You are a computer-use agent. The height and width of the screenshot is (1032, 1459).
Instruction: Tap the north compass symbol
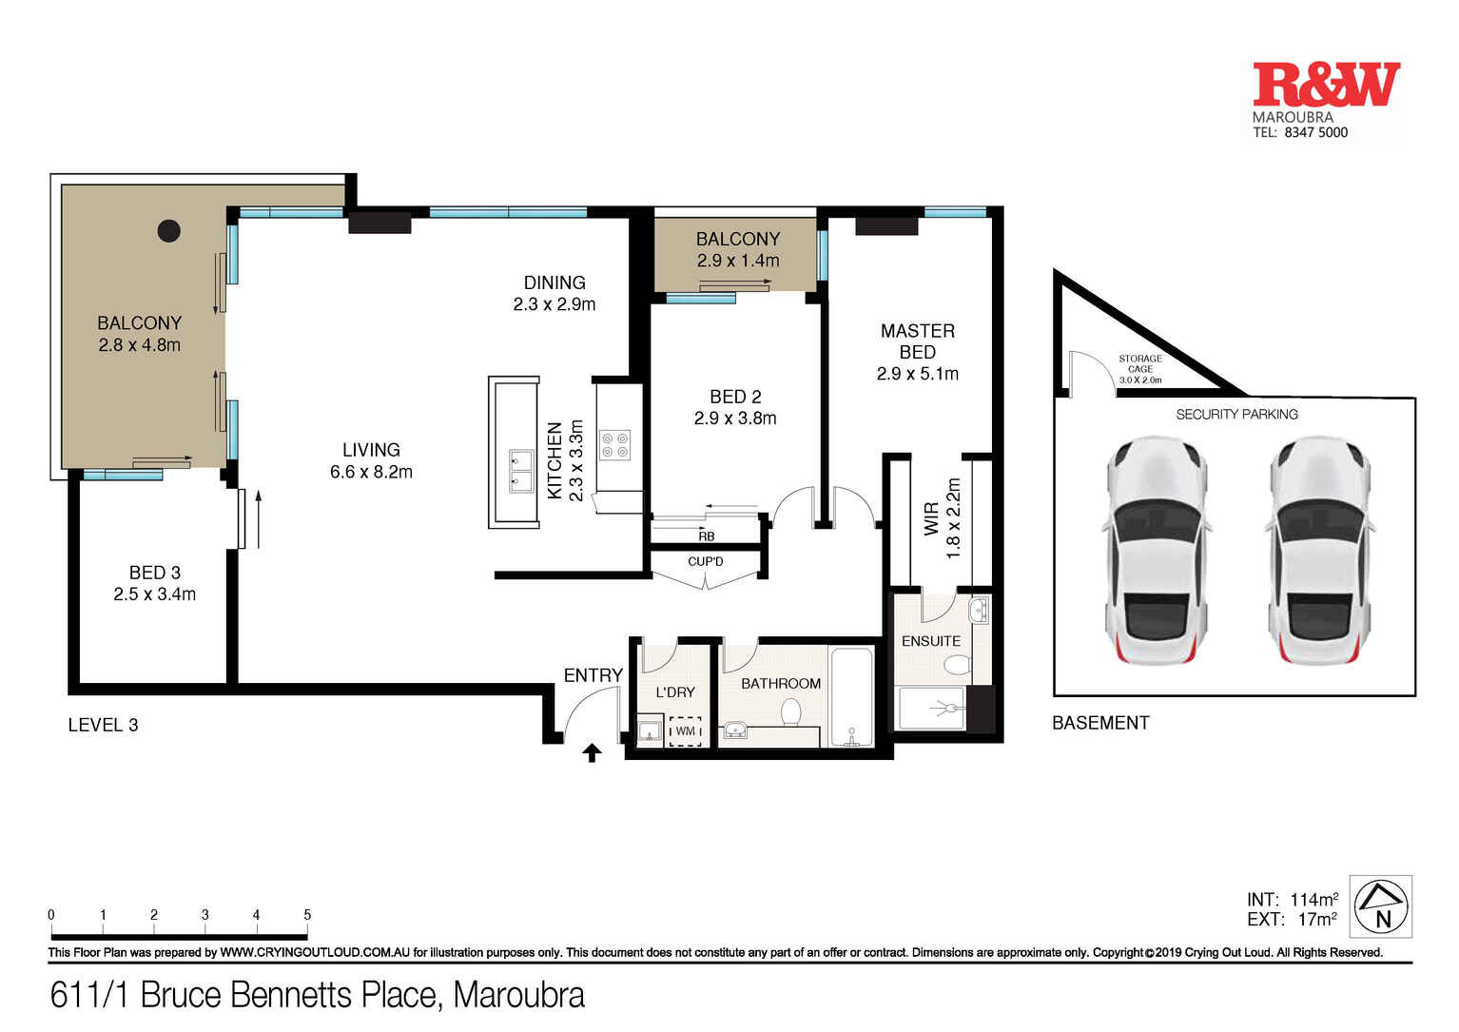tap(1381, 906)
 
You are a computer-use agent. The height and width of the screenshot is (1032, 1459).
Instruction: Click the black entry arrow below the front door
tap(592, 753)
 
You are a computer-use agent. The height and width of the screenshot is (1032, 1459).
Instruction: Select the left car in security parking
tap(1156, 552)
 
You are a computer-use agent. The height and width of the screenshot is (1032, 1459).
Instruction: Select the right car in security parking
tap(1318, 552)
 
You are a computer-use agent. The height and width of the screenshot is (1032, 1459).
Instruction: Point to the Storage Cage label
tap(1139, 369)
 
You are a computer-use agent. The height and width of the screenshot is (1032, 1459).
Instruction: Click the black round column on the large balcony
tap(169, 230)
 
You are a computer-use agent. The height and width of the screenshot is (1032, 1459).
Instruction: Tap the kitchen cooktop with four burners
tap(614, 445)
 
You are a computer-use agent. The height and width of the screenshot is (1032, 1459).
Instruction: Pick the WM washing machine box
tap(685, 730)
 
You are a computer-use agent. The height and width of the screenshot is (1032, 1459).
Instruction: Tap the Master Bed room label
tap(917, 341)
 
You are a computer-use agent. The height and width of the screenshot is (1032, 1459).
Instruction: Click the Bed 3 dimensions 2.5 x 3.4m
tap(154, 594)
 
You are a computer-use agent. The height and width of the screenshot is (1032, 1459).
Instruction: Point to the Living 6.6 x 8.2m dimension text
tap(371, 472)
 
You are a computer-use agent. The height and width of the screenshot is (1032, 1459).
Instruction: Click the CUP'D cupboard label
tap(705, 561)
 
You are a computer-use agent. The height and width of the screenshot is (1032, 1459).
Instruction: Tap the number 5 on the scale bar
tap(307, 915)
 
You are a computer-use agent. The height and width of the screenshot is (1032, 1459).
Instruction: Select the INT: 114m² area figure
tap(1292, 899)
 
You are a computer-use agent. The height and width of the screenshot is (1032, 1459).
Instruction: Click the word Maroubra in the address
tap(518, 995)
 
